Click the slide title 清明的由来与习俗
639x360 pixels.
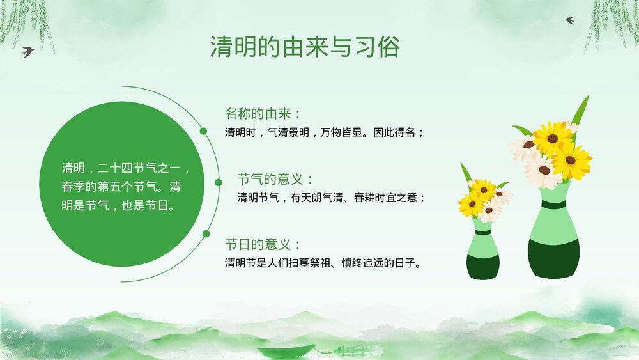305,47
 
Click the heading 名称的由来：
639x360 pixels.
262,114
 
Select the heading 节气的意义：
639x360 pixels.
275,179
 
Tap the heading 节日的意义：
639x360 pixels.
262,244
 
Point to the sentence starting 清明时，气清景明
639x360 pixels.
324,133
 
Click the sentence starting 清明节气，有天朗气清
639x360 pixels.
331,198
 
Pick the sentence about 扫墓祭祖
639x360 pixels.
323,263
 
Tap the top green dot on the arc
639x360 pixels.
203,132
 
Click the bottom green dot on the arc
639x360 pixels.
206,233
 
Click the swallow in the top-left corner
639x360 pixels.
27,51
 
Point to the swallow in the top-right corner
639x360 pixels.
570,20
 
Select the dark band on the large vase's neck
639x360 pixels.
553,205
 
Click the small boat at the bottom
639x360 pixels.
286,351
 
